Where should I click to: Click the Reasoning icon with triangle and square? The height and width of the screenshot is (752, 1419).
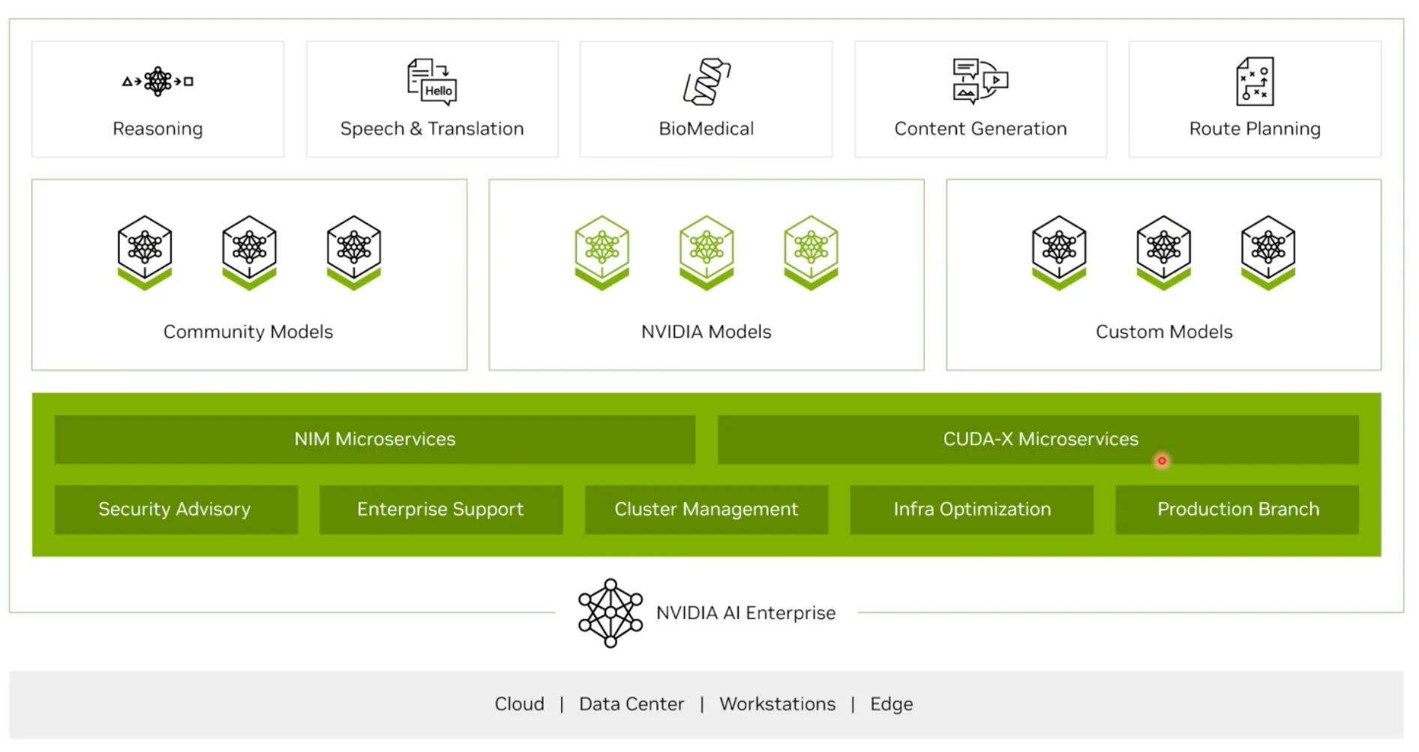(x=157, y=81)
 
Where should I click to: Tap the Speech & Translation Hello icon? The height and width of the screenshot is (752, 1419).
(x=432, y=82)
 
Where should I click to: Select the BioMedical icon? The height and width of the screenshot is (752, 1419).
(x=706, y=81)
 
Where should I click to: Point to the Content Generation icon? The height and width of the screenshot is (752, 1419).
(x=980, y=80)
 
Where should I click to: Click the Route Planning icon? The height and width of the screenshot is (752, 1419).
(x=1255, y=81)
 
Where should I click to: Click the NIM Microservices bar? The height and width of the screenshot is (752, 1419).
(x=374, y=439)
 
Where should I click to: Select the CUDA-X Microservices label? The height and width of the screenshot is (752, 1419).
(x=1040, y=439)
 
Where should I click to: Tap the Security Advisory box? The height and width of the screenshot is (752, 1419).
(x=175, y=510)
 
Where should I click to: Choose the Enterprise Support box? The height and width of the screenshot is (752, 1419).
(x=440, y=510)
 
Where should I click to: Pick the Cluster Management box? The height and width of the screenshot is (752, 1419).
(x=706, y=510)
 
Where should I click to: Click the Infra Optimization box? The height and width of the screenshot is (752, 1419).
(x=971, y=510)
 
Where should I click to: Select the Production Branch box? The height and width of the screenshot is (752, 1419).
(x=1237, y=510)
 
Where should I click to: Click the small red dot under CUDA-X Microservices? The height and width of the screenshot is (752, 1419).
(x=1162, y=461)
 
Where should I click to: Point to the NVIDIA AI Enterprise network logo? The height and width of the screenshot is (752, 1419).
(x=610, y=612)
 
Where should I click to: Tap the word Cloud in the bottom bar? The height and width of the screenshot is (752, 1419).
(x=519, y=704)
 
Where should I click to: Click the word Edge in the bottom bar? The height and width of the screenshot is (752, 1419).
(x=891, y=704)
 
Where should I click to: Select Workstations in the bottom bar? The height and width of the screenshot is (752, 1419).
(x=777, y=704)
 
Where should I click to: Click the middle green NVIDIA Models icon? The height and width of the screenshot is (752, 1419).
(x=706, y=251)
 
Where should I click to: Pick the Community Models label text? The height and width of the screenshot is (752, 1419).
(x=248, y=332)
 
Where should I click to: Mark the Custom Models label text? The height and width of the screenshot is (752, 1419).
(x=1164, y=332)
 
